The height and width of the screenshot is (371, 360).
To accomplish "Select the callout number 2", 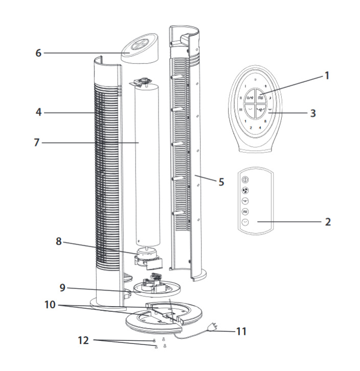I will [327, 222].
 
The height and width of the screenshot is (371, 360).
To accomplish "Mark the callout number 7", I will [37, 143].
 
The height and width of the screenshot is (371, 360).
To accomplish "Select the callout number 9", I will [62, 288].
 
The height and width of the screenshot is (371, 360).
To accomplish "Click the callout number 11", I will [241, 331].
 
